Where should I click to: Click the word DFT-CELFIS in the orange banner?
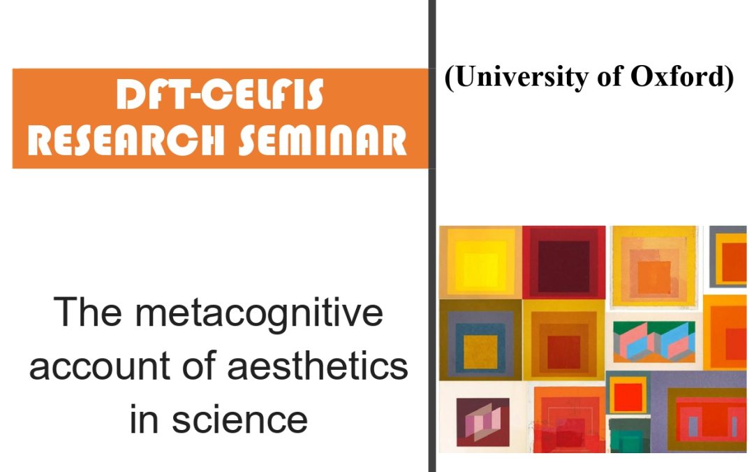coord(220,96)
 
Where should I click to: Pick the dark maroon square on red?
coord(563,262)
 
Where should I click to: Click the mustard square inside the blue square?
coord(480,345)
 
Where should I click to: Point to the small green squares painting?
coord(629,434)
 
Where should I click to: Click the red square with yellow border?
coord(628,394)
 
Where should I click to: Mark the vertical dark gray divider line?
coord(432,236)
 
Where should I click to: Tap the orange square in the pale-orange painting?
coord(653,269)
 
